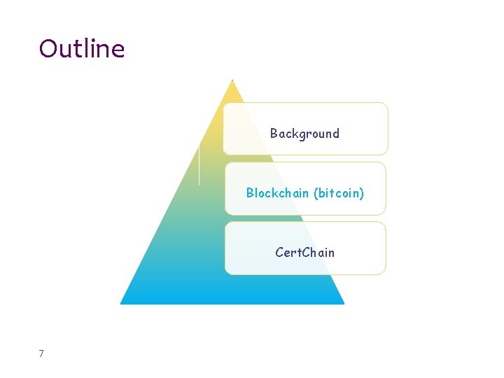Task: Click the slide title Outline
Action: pyautogui.click(x=82, y=49)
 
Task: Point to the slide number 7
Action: pyautogui.click(x=41, y=354)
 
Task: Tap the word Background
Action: pyautogui.click(x=304, y=133)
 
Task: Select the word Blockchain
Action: pyautogui.click(x=277, y=192)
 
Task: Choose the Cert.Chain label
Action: pyautogui.click(x=304, y=252)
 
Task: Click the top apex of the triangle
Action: pyautogui.click(x=232, y=80)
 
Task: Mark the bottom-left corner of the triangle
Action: pyautogui.click(x=121, y=303)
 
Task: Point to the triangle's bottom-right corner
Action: pyautogui.click(x=344, y=303)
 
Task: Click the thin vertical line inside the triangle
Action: pyautogui.click(x=199, y=164)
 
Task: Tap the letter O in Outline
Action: pyautogui.click(x=48, y=49)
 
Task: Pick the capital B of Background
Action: pyautogui.click(x=274, y=133)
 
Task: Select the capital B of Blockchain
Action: pyautogui.click(x=250, y=192)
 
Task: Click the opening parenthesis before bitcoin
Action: pyautogui.click(x=316, y=193)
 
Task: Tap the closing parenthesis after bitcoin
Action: pyautogui.click(x=362, y=193)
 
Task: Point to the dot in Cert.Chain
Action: pyautogui.click(x=300, y=255)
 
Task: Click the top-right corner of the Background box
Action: pyautogui.click(x=386, y=104)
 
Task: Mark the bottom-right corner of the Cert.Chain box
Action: pyautogui.click(x=384, y=273)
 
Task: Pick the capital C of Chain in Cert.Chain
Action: pyautogui.click(x=306, y=252)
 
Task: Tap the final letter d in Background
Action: pyautogui.click(x=335, y=133)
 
